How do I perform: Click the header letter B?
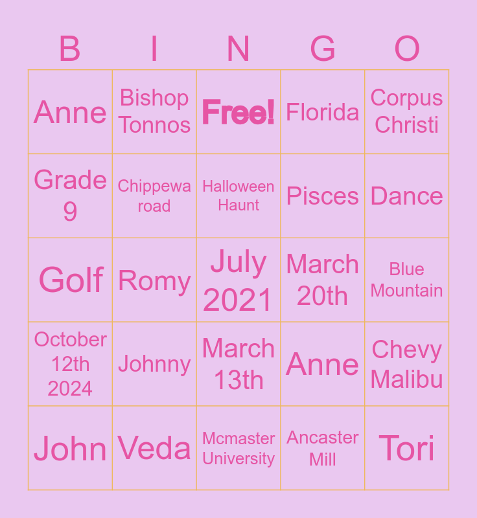click(70, 49)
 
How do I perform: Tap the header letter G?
click(323, 49)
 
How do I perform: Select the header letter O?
click(407, 49)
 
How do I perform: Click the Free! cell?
click(238, 112)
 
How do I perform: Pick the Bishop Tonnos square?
click(154, 112)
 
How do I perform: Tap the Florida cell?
click(323, 112)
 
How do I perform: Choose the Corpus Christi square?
click(407, 112)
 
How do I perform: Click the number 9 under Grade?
click(70, 212)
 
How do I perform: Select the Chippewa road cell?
click(154, 196)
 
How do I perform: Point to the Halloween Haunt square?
click(238, 196)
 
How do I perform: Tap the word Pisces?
click(323, 196)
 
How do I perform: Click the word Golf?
click(71, 280)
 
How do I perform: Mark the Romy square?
click(154, 280)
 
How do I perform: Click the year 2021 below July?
click(238, 300)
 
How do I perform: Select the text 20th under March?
click(322, 296)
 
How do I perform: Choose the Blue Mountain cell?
click(407, 280)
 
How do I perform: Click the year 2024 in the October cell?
click(70, 388)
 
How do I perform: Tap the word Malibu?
click(406, 379)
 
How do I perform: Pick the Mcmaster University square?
click(238, 448)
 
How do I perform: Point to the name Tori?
click(406, 448)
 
